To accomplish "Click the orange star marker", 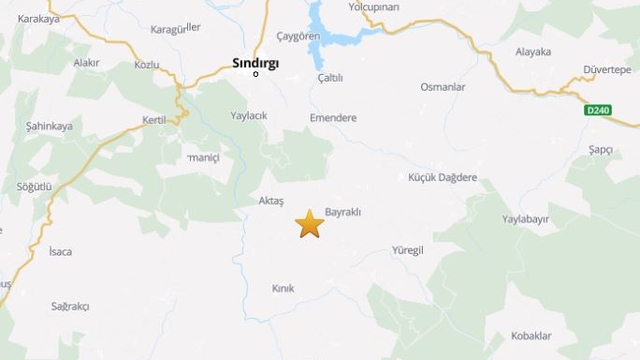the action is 310,224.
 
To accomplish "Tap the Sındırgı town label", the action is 256,63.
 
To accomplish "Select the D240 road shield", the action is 598,110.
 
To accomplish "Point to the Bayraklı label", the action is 343,212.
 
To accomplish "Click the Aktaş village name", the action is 271,201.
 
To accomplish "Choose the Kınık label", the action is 283,288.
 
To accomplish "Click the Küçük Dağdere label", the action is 443,177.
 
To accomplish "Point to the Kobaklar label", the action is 532,335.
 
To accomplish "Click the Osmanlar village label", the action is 443,87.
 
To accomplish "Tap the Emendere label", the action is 333,117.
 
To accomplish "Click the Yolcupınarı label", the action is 401,7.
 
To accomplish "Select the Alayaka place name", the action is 532,52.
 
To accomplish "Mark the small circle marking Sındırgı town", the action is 256,74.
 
